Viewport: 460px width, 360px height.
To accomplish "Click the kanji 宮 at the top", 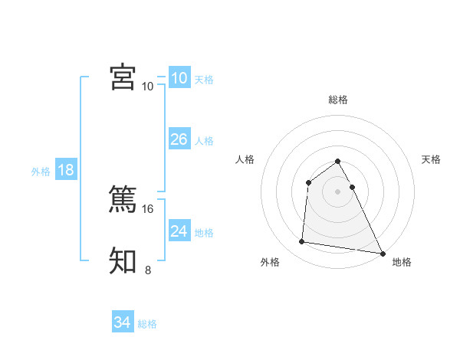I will (123, 77).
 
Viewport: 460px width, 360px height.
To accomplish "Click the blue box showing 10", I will (179, 78).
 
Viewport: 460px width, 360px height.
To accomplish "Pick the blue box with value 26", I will (179, 139).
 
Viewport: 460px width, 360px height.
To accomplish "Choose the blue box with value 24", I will (179, 231).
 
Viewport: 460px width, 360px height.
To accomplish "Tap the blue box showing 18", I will (66, 170).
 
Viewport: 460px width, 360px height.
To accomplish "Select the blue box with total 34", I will (122, 322).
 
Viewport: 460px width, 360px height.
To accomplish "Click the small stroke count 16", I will (149, 208).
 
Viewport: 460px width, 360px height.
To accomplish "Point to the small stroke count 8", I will (148, 270).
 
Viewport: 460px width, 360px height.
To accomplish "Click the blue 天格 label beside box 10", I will (204, 80).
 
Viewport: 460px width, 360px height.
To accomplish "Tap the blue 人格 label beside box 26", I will (204, 141).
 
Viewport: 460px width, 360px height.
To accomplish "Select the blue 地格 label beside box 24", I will (204, 233).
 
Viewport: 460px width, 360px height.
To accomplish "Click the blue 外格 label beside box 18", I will (41, 172).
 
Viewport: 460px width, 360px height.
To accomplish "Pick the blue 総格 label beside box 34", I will (147, 324).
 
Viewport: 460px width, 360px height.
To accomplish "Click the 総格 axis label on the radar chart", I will (338, 100).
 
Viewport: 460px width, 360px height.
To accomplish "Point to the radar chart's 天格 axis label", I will (431, 159).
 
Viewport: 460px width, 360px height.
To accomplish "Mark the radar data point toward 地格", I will (382, 254).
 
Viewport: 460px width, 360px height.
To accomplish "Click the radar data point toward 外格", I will (302, 242).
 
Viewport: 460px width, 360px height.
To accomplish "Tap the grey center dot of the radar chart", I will (338, 191).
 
